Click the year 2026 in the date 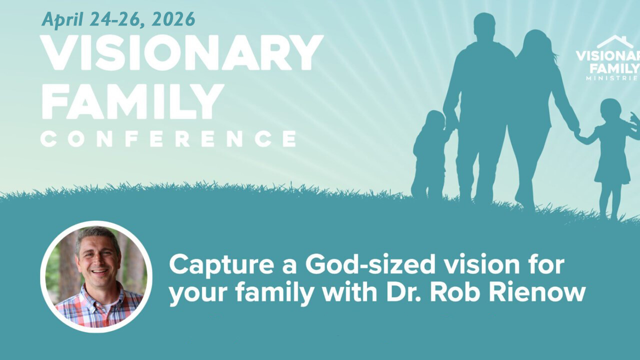[173, 19]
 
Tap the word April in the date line [62, 20]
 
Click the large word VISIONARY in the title [181, 53]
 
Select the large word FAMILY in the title [132, 101]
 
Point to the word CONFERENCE [168, 139]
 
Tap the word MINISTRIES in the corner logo [613, 78]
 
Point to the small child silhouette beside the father [429, 154]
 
